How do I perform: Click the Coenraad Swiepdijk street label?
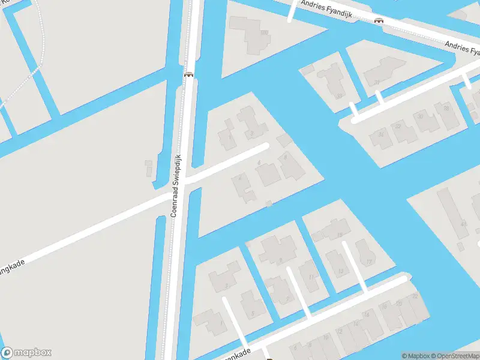click(176, 185)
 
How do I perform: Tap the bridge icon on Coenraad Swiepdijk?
click(188, 74)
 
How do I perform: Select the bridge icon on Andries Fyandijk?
click(379, 21)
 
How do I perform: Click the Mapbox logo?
click(26, 353)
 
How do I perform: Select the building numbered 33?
click(338, 95)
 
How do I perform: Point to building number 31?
click(377, 83)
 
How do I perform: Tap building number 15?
click(340, 231)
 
